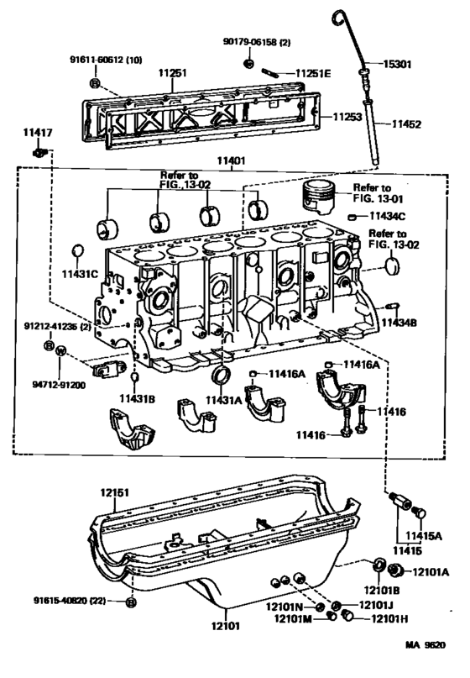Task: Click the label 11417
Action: point(38,132)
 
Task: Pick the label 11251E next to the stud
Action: point(311,74)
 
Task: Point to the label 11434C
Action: point(383,218)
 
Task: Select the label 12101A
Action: point(431,572)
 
